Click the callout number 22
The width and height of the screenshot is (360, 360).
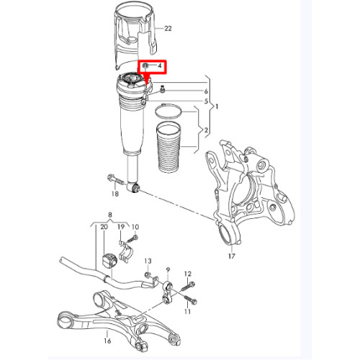[168, 29]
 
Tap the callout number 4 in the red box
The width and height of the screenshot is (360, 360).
[160, 66]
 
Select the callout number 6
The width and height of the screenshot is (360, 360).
[206, 91]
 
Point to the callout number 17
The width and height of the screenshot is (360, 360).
[232, 256]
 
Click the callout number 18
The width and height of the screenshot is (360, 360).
[115, 194]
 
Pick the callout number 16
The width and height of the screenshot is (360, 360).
[107, 341]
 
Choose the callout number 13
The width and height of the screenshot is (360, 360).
[148, 261]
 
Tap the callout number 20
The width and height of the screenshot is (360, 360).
[104, 227]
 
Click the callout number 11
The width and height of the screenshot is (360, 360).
[188, 311]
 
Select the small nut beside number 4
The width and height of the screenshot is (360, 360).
[145, 66]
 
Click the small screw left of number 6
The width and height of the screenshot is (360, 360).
[163, 89]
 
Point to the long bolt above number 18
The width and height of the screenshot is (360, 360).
[117, 180]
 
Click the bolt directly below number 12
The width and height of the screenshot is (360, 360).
[189, 286]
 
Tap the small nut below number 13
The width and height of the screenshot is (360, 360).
[148, 274]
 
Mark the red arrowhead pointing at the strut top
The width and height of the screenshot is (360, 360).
[144, 79]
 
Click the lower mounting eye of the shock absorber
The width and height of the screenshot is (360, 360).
[133, 187]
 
